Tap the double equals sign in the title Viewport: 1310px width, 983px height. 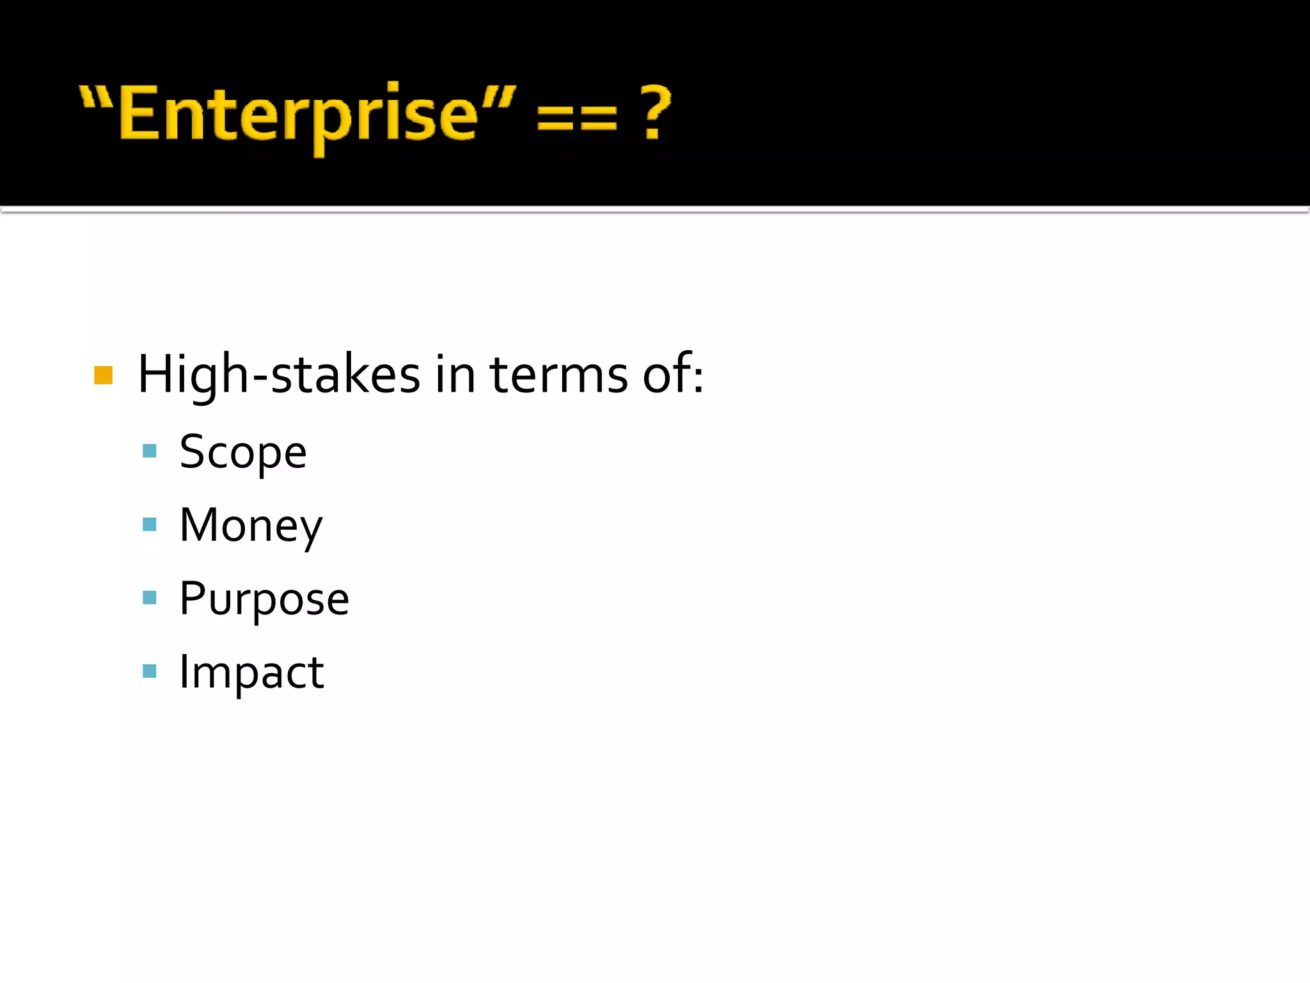pos(577,118)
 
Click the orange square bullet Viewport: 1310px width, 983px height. pos(103,375)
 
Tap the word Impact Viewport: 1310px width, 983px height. pos(251,673)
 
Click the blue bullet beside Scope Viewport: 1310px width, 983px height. pos(150,451)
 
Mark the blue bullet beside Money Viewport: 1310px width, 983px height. pos(150,525)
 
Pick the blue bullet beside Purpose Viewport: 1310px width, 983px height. pos(150,598)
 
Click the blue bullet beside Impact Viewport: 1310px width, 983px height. pos(150,671)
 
